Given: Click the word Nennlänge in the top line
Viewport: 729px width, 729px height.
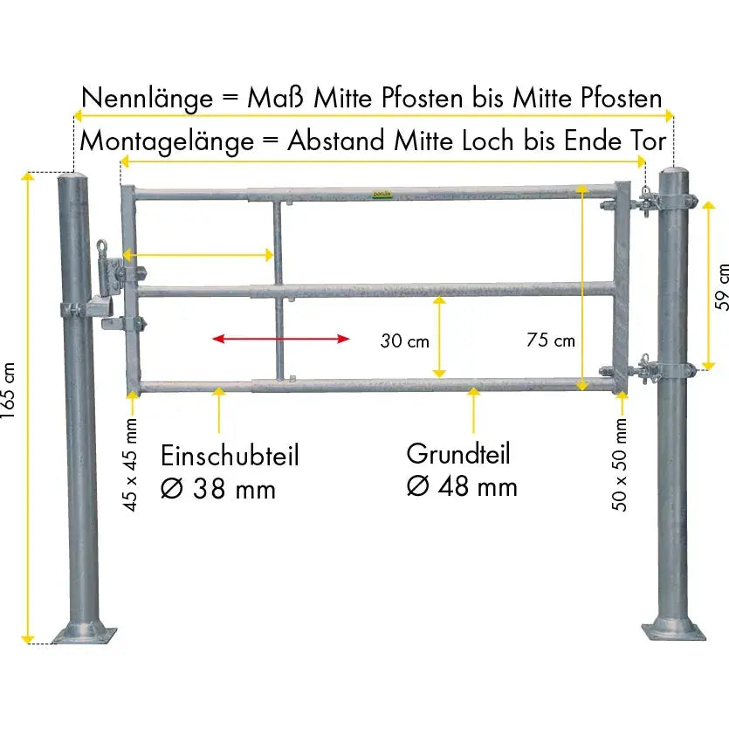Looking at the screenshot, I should [x=147, y=98].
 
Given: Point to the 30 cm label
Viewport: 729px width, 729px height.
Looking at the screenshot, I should [x=404, y=341].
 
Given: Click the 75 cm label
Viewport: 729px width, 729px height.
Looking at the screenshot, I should [x=551, y=340].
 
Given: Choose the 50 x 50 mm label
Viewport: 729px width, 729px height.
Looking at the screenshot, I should [x=621, y=464].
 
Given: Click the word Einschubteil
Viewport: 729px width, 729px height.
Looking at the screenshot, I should [x=230, y=456].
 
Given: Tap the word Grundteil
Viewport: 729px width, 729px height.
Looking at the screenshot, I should [x=458, y=454].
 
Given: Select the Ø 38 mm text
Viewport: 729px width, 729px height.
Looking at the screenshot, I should [x=218, y=489].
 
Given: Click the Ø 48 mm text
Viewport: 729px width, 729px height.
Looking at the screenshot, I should [x=462, y=485].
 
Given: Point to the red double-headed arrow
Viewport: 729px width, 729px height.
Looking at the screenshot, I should [x=280, y=339].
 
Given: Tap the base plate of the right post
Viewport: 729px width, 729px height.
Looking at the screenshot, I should [x=673, y=629].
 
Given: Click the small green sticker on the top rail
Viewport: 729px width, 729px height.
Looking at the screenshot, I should [x=378, y=196].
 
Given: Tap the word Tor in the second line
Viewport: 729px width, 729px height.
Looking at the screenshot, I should [x=649, y=141].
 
